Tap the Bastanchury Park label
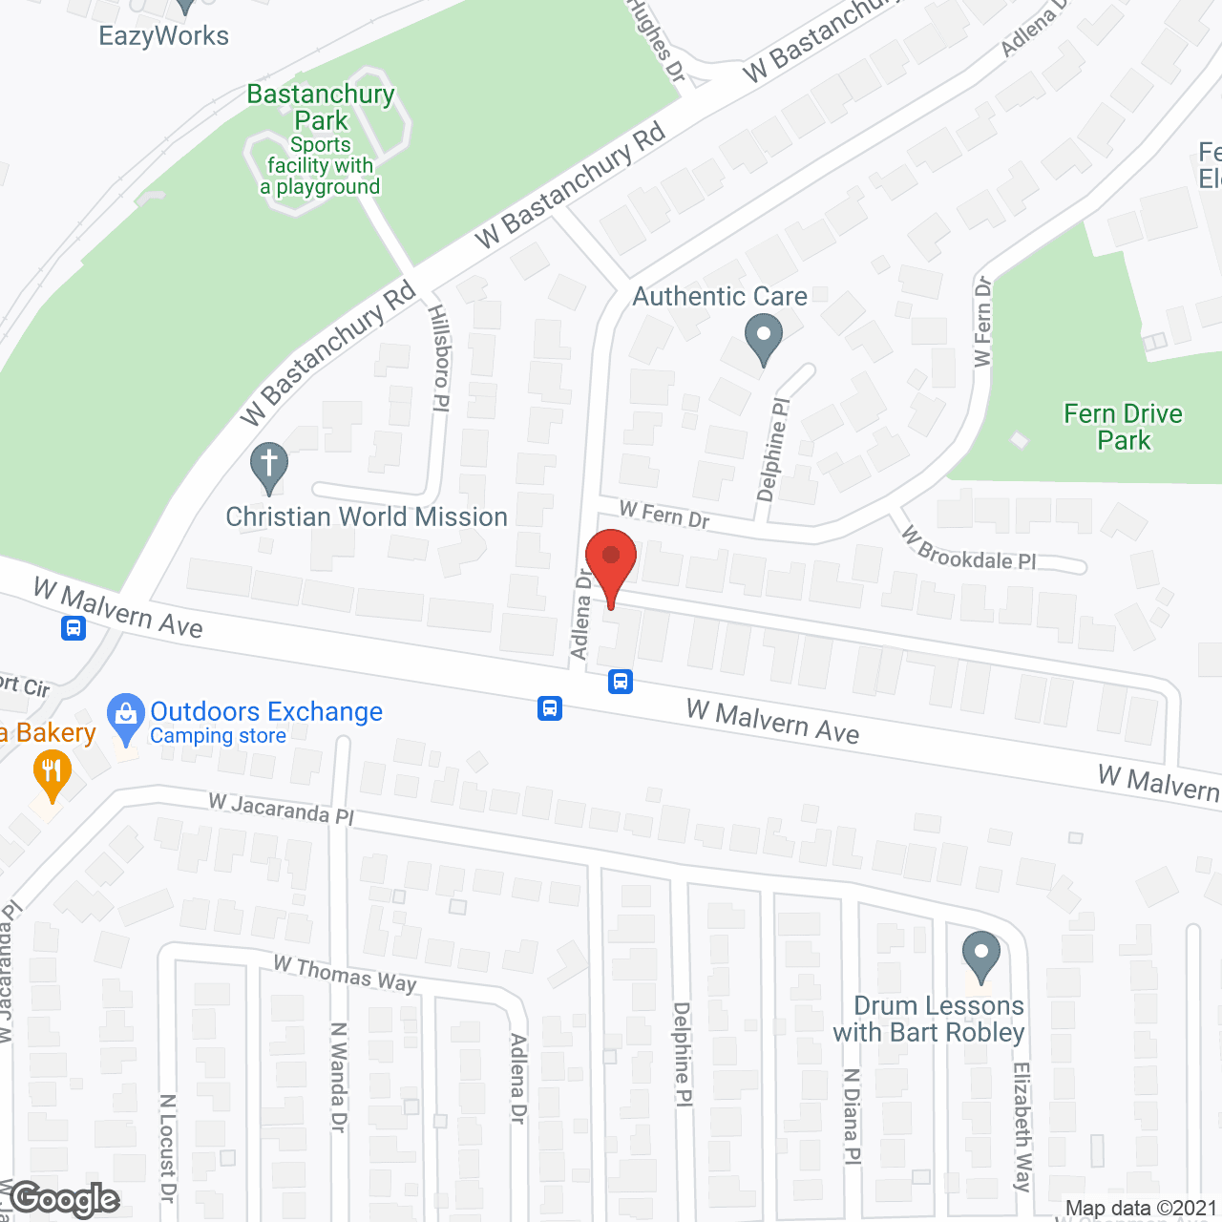pos(321,107)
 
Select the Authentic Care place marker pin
pos(764,339)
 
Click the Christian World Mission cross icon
pos(269,467)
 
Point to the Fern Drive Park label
pos(1124,427)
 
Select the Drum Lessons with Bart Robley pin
pos(980,956)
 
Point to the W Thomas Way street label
pos(345,975)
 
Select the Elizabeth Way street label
pos(1022,1127)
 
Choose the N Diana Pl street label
pos(852,1116)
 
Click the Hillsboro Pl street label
pos(439,358)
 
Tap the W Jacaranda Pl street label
pos(281,810)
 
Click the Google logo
pos(65,1199)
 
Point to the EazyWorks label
pos(164,36)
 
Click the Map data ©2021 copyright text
pos(1142,1209)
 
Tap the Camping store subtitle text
pos(218,736)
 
